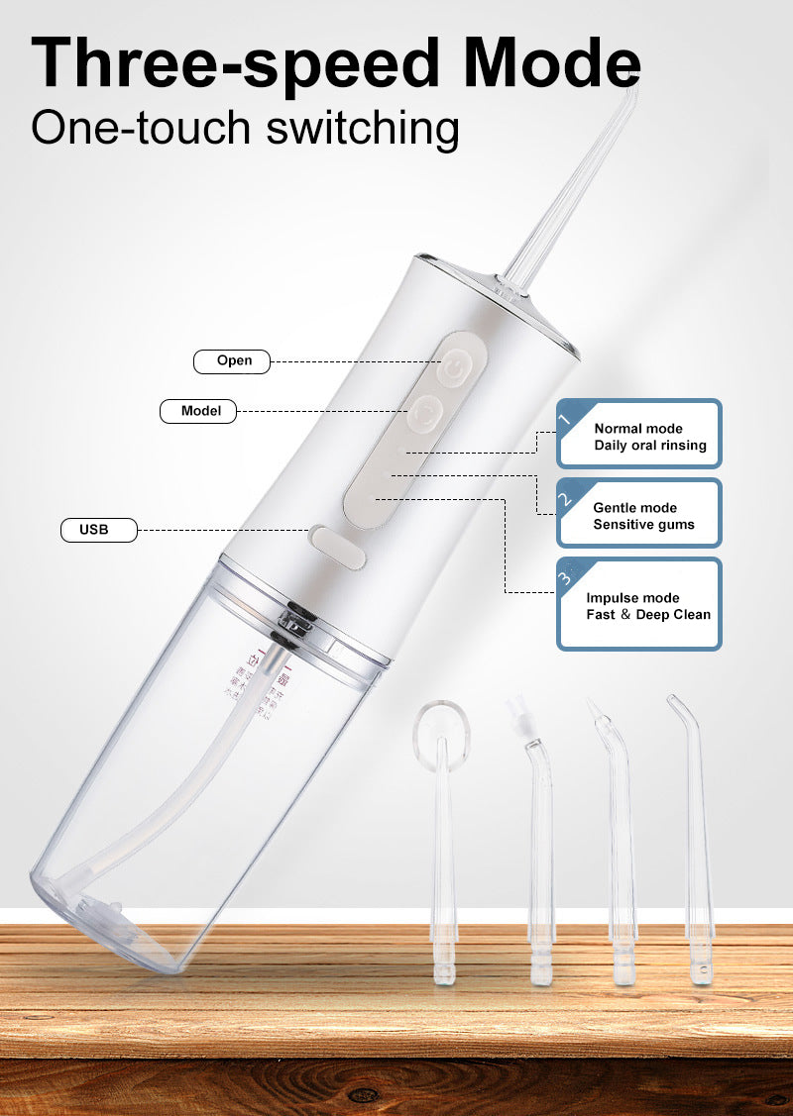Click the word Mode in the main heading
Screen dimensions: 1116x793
(552, 63)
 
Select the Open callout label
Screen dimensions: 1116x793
(234, 360)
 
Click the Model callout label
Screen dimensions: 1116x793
(198, 410)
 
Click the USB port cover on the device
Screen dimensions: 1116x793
(337, 546)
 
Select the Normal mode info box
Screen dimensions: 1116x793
(639, 434)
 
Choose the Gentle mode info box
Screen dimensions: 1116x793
(639, 513)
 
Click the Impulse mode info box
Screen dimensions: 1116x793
(639, 604)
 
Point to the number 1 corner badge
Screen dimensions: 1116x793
(567, 417)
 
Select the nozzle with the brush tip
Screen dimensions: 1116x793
(536, 842)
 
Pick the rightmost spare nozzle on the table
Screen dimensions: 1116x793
(695, 842)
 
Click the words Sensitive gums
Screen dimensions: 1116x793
(643, 525)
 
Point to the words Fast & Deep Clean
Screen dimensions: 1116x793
(648, 615)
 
